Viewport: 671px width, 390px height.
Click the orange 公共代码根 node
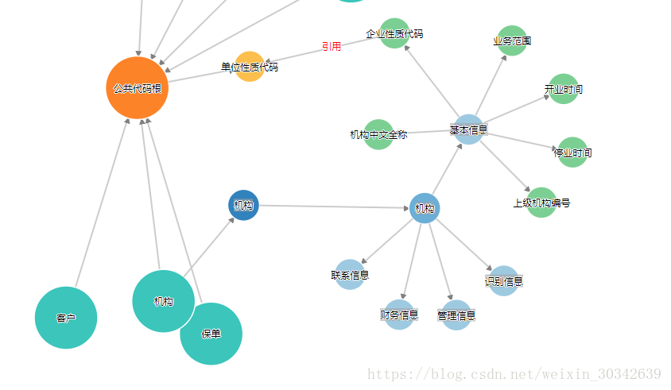(x=137, y=88)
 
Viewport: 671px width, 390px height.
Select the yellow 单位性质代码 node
(x=250, y=67)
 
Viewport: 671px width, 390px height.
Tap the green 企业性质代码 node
(x=394, y=33)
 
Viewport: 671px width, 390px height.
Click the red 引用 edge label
(x=332, y=47)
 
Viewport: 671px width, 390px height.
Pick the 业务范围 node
(x=512, y=41)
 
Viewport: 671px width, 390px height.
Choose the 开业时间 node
(x=563, y=89)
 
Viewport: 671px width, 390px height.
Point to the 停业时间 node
(x=572, y=152)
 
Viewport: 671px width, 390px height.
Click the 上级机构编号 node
(x=541, y=203)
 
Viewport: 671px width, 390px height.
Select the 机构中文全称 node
(x=378, y=134)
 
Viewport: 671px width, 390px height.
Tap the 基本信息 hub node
(x=468, y=129)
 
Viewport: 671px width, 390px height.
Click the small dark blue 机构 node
(x=243, y=205)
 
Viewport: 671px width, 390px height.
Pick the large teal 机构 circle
(x=163, y=301)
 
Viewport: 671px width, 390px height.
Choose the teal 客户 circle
(x=66, y=318)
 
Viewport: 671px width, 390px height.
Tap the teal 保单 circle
(x=211, y=334)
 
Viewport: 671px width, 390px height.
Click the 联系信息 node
(x=350, y=275)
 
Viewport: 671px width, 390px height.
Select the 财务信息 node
(x=399, y=315)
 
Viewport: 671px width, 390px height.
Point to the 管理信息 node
(x=456, y=315)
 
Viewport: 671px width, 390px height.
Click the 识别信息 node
(x=504, y=280)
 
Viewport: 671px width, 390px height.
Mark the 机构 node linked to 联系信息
(x=425, y=208)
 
